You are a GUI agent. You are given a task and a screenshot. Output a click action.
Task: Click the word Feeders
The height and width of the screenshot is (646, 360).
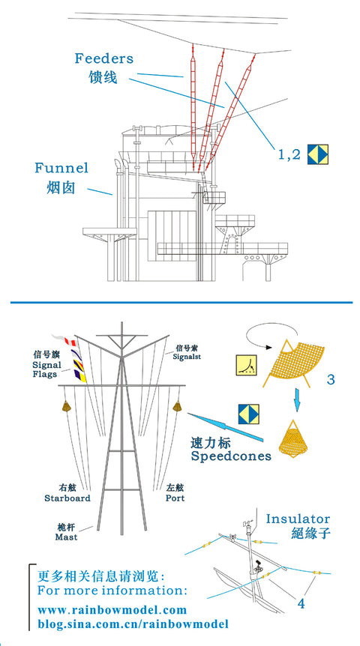pyautogui.click(x=104, y=58)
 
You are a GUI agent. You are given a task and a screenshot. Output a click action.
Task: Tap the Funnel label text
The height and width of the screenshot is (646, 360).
pyautogui.click(x=61, y=168)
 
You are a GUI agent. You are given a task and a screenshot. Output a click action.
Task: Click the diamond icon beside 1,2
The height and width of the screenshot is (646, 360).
pyautogui.click(x=317, y=154)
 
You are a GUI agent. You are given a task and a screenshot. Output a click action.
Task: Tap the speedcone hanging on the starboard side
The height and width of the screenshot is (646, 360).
pyautogui.click(x=65, y=406)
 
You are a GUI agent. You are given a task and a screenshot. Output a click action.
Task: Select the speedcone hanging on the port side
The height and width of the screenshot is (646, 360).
pyautogui.click(x=177, y=406)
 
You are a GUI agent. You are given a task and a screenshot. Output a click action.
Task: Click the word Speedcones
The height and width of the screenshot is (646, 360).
pyautogui.click(x=230, y=456)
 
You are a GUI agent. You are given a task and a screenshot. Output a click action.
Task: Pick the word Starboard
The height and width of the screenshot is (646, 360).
pyautogui.click(x=67, y=498)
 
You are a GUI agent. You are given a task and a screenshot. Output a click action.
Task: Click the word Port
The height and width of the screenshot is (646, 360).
pyautogui.click(x=175, y=498)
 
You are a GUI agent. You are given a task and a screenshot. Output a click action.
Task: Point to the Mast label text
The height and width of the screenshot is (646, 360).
pyautogui.click(x=66, y=537)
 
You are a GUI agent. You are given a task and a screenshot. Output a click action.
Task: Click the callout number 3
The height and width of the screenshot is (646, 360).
pyautogui.click(x=331, y=379)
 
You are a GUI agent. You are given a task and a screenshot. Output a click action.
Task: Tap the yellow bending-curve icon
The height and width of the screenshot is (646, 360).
pyautogui.click(x=246, y=365)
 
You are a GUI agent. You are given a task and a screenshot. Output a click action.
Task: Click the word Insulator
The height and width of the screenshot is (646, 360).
pyautogui.click(x=298, y=519)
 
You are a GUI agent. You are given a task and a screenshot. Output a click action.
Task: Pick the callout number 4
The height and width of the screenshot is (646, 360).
pyautogui.click(x=301, y=604)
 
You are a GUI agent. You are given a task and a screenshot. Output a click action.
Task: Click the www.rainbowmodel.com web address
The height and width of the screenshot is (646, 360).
pyautogui.click(x=112, y=610)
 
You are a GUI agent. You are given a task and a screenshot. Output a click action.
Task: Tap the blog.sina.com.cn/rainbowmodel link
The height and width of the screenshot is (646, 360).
pyautogui.click(x=133, y=624)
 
